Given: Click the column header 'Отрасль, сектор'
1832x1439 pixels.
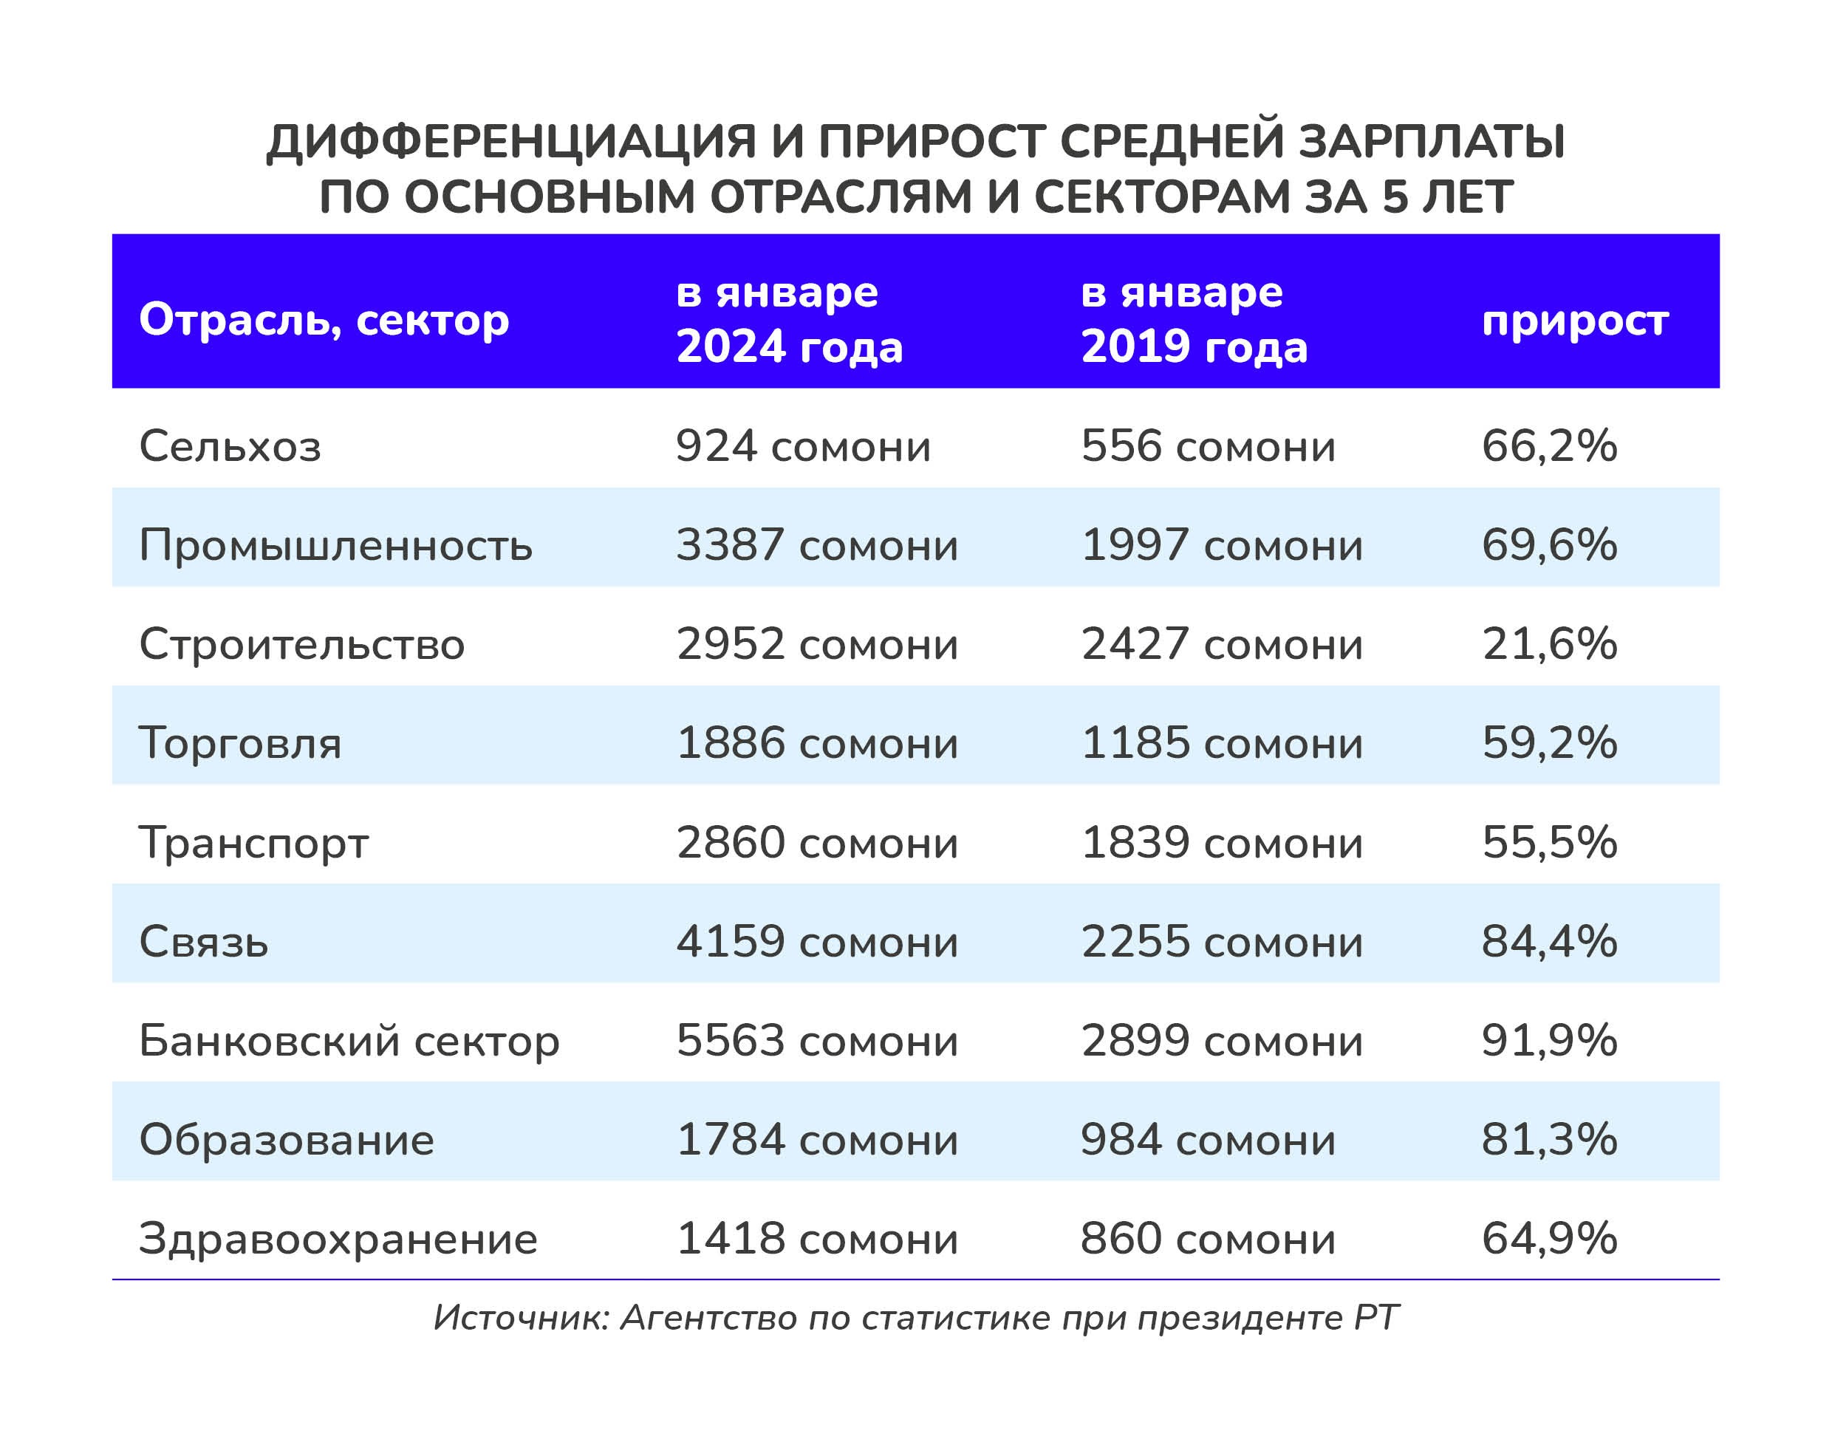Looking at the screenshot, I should coord(324,320).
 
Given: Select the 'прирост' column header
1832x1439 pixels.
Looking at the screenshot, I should coord(1574,320).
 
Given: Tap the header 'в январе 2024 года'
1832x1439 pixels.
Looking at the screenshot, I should coord(789,319).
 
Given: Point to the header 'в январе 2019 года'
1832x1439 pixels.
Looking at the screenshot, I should coord(1194,319).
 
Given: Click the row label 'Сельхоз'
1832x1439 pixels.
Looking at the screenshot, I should coord(230,445).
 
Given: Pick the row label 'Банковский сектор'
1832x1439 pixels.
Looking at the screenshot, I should coord(349,1041).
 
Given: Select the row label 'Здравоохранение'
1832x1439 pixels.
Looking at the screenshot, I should coord(338,1239).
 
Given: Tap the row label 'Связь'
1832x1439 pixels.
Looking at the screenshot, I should coord(204,941).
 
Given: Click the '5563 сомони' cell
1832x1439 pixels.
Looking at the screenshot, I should coord(817,1041).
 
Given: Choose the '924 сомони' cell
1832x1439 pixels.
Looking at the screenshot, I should coord(803,445).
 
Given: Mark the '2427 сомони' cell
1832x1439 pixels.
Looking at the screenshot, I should coord(1221,643).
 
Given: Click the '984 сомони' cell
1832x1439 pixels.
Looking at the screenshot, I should coord(1208,1139).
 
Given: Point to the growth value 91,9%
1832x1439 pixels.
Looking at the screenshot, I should coord(1549,1041).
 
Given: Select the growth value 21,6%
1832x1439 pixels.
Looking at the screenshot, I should coord(1549,643).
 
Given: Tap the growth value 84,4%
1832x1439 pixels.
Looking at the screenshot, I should coord(1549,941).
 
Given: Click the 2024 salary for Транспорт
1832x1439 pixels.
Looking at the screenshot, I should coord(817,843).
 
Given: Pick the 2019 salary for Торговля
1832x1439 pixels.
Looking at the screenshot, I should coord(1221,743).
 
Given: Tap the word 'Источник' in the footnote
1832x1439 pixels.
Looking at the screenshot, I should coord(520,1318).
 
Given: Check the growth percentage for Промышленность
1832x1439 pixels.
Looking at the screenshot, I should coord(1549,545).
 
